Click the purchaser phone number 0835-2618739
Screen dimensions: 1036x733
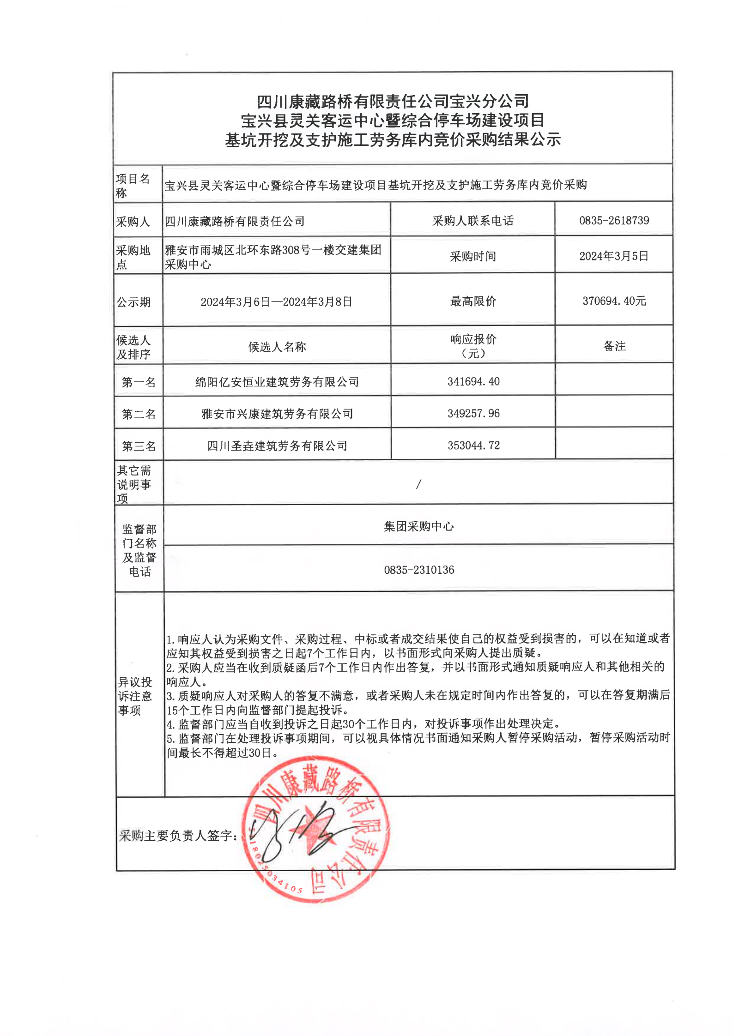tap(614, 220)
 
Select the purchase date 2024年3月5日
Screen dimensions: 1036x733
tap(614, 256)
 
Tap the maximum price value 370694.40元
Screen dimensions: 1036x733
tap(614, 301)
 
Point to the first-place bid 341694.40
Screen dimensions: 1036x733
tap(473, 381)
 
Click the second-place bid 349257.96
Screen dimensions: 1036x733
tap(473, 413)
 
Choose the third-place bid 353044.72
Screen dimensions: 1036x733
tap(473, 445)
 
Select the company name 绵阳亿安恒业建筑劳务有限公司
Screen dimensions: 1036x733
tap(277, 382)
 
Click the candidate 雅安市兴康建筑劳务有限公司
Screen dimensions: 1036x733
tap(277, 414)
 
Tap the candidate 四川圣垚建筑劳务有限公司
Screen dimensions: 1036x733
tap(277, 446)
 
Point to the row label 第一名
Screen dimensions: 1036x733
tap(139, 382)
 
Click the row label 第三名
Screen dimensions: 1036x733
tap(139, 446)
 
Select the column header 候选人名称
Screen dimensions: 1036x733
tap(277, 347)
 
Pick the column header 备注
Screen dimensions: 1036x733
tap(614, 346)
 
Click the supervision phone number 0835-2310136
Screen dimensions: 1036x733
tap(419, 570)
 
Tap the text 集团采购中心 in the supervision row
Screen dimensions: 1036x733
tap(419, 526)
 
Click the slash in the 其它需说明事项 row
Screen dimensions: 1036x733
tap(418, 484)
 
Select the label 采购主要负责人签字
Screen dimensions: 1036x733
tap(178, 835)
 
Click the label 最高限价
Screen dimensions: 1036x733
tap(473, 301)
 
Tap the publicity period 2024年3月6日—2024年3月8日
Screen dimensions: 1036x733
tap(276, 302)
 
